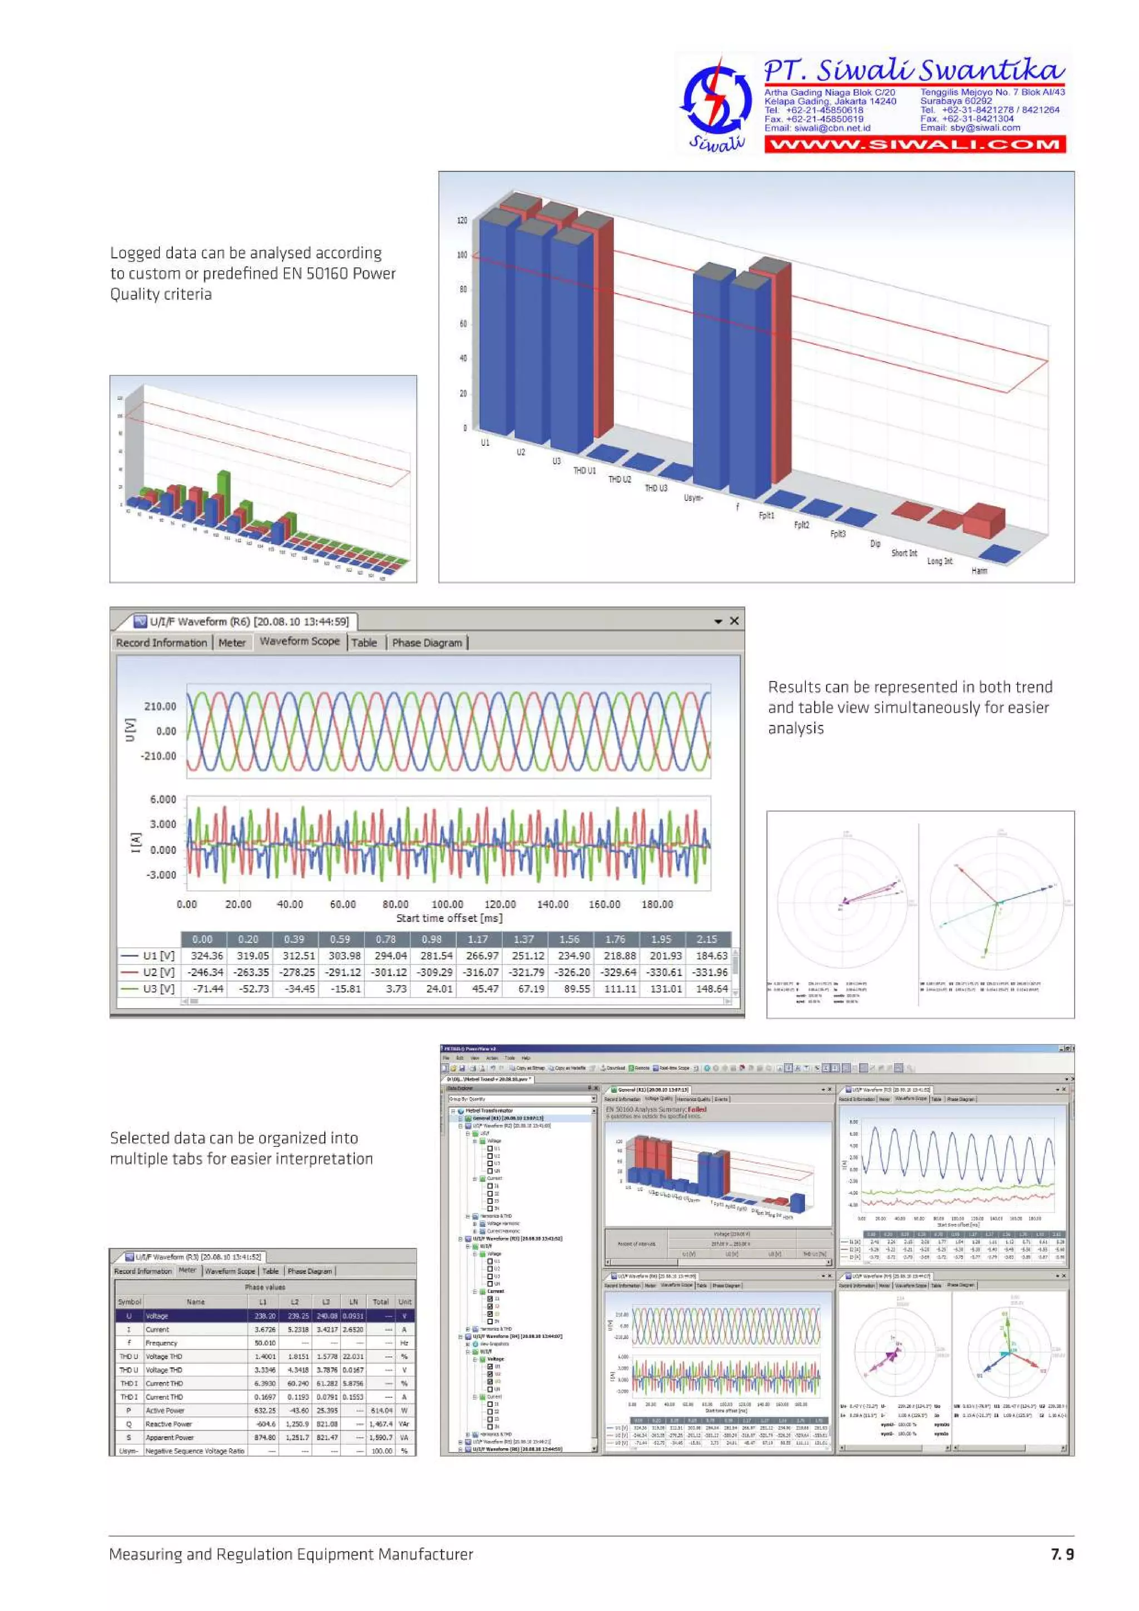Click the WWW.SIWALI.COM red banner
(x=914, y=145)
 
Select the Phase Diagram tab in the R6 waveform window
(x=427, y=643)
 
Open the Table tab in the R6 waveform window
(x=364, y=643)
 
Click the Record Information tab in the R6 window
(x=161, y=643)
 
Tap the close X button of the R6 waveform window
(x=734, y=621)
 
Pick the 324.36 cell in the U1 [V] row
(x=206, y=956)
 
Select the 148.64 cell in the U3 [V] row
(x=711, y=988)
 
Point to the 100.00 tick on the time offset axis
(x=447, y=904)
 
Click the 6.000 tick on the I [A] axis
(x=163, y=799)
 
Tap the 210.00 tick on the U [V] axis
(x=160, y=706)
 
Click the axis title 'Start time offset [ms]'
(x=449, y=918)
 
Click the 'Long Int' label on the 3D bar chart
(x=940, y=561)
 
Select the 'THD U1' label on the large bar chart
(x=584, y=471)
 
